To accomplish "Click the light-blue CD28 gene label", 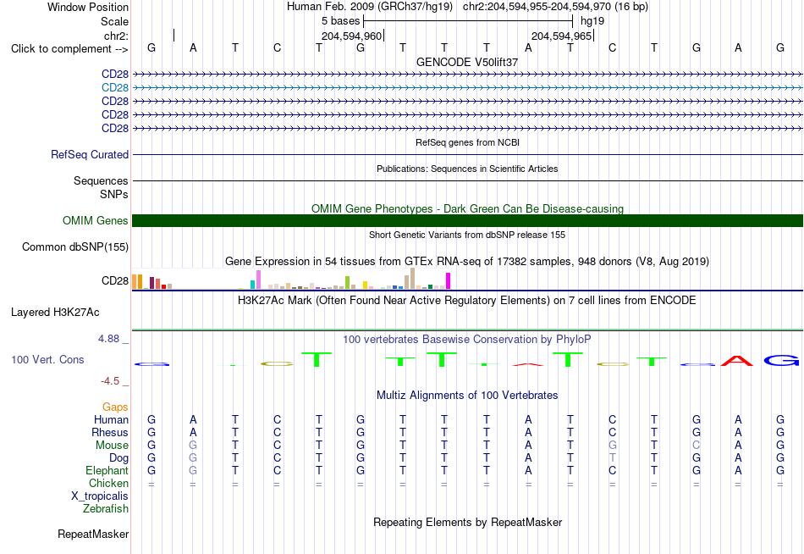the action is coord(115,88).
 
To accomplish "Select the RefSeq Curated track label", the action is coord(90,154).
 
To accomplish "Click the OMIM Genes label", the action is coord(96,221).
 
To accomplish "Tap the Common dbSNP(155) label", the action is coord(75,247).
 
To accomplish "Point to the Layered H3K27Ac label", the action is coord(55,313).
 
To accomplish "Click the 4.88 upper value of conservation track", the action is coord(108,339).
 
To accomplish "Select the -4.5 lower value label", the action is coord(110,381).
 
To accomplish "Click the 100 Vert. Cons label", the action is coord(47,360).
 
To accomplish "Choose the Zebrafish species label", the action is coord(106,509).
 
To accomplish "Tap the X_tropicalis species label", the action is coord(100,496).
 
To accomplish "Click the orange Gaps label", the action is coord(115,407).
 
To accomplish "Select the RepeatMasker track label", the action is coord(93,535).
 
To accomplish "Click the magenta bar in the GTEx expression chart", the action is coord(449,281).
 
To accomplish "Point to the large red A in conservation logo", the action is coord(737,360).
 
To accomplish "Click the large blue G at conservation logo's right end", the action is coord(781,360).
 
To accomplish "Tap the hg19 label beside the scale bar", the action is coord(592,21).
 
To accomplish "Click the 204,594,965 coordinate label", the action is coord(561,36).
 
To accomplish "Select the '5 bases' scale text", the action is coord(341,21).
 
